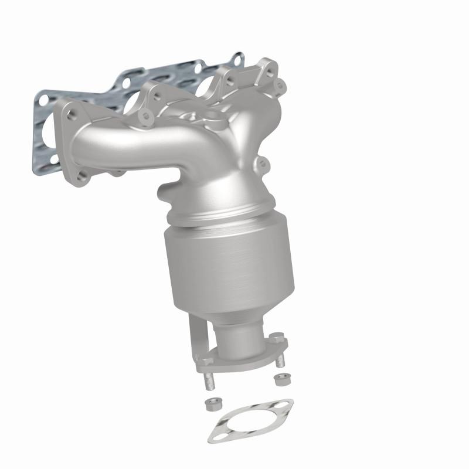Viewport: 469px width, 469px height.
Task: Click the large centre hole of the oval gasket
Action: click(x=250, y=420)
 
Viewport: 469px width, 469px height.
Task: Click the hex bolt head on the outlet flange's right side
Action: click(x=277, y=339)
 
